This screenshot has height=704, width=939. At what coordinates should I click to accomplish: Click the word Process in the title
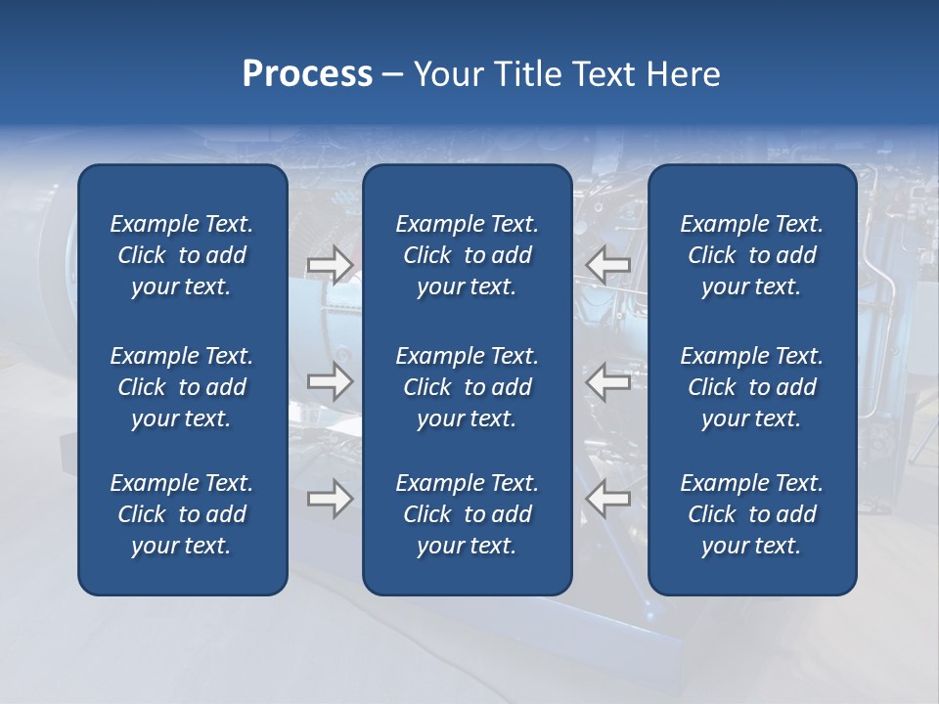(307, 74)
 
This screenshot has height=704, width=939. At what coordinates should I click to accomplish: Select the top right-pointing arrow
(331, 265)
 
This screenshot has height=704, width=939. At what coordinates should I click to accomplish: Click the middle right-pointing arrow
(331, 381)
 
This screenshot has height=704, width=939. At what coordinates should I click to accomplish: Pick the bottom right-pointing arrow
(331, 499)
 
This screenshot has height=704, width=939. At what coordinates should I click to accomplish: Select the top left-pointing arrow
(607, 265)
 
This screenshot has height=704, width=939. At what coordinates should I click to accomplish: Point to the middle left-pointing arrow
(607, 381)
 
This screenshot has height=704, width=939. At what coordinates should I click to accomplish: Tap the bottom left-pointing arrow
(607, 499)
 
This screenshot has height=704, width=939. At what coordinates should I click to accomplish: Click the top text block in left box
(182, 255)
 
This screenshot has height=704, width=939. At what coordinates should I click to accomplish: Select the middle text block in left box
(182, 387)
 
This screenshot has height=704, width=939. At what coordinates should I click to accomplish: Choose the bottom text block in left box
(182, 514)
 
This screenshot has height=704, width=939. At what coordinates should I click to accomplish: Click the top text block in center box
(467, 255)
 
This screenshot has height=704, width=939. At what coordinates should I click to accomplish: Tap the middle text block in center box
(467, 387)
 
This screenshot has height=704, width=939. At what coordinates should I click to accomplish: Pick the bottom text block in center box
(467, 514)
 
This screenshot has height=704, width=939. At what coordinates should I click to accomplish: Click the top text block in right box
(751, 255)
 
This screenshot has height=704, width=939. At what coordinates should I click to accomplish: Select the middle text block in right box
(751, 387)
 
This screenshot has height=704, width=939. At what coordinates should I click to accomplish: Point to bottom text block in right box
(751, 514)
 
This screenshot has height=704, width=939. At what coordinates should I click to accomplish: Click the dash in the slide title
(393, 75)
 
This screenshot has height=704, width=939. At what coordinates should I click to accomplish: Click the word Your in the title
(444, 74)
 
